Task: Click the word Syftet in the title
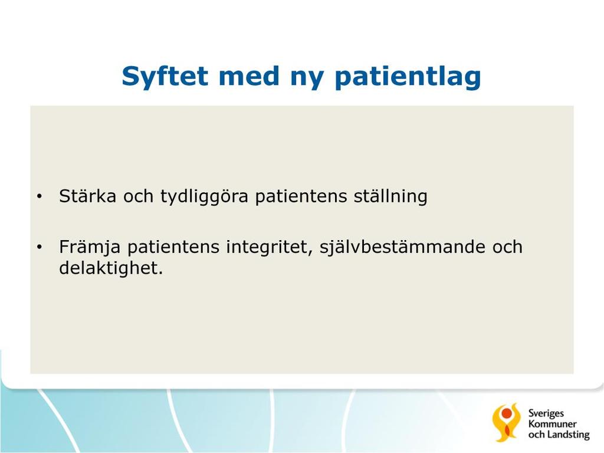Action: (165, 76)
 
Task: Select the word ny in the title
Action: (307, 79)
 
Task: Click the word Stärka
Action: (87, 196)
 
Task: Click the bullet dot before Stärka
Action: (40, 197)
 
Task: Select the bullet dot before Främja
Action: (40, 247)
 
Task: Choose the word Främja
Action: (90, 248)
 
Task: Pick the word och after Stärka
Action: (138, 196)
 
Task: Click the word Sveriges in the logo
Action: (546, 413)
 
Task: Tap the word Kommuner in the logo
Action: (552, 424)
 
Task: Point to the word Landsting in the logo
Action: (568, 435)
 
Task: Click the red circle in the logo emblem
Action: (506, 413)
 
